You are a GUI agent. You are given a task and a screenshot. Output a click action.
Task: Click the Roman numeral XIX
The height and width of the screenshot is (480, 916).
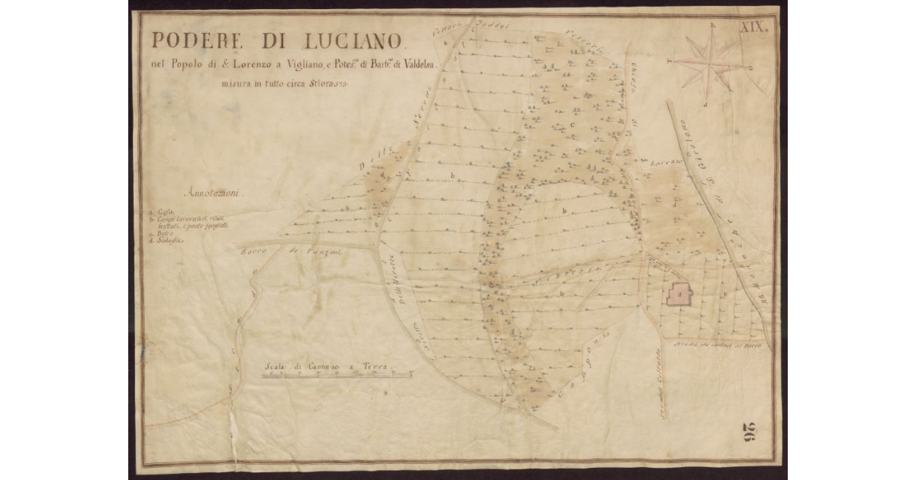(757, 24)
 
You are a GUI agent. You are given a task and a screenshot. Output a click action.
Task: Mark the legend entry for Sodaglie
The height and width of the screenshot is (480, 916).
(166, 239)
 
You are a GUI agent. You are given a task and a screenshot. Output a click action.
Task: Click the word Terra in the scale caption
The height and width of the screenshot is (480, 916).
(373, 367)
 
